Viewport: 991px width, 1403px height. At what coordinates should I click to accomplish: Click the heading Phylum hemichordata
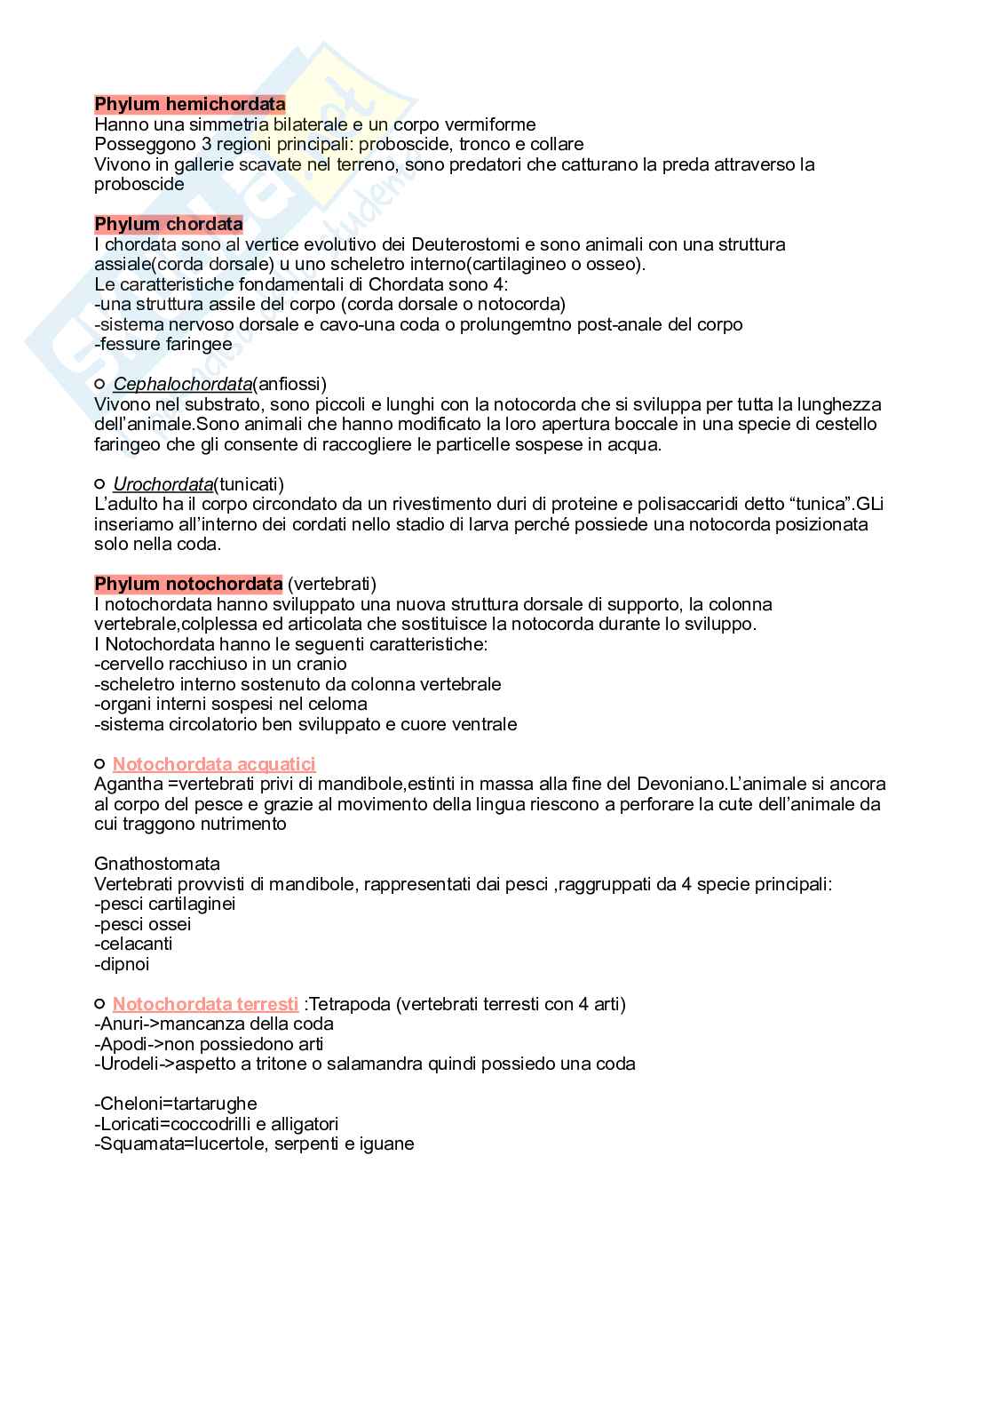190,104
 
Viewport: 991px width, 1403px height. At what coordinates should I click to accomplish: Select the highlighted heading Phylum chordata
169,224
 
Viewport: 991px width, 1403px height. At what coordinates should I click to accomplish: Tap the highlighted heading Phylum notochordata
188,584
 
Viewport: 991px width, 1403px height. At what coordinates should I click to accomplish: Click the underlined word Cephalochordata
182,384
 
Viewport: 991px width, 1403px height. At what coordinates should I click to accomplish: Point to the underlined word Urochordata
163,484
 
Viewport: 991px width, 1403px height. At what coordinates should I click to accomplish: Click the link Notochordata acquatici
214,764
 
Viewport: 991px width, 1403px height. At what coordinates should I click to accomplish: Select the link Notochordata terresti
205,1004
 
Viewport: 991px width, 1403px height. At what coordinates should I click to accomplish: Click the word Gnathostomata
157,864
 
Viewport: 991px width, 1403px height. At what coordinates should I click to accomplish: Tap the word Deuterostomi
462,244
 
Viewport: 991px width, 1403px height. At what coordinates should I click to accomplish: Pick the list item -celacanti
133,944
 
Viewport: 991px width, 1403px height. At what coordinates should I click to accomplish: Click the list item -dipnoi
122,964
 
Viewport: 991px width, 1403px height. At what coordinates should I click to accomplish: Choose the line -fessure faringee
163,344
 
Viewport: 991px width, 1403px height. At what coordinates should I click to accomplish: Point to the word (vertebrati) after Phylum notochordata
332,584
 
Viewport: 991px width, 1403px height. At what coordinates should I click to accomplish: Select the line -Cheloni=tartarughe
176,1104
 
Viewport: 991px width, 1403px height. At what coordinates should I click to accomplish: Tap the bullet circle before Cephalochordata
99,384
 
